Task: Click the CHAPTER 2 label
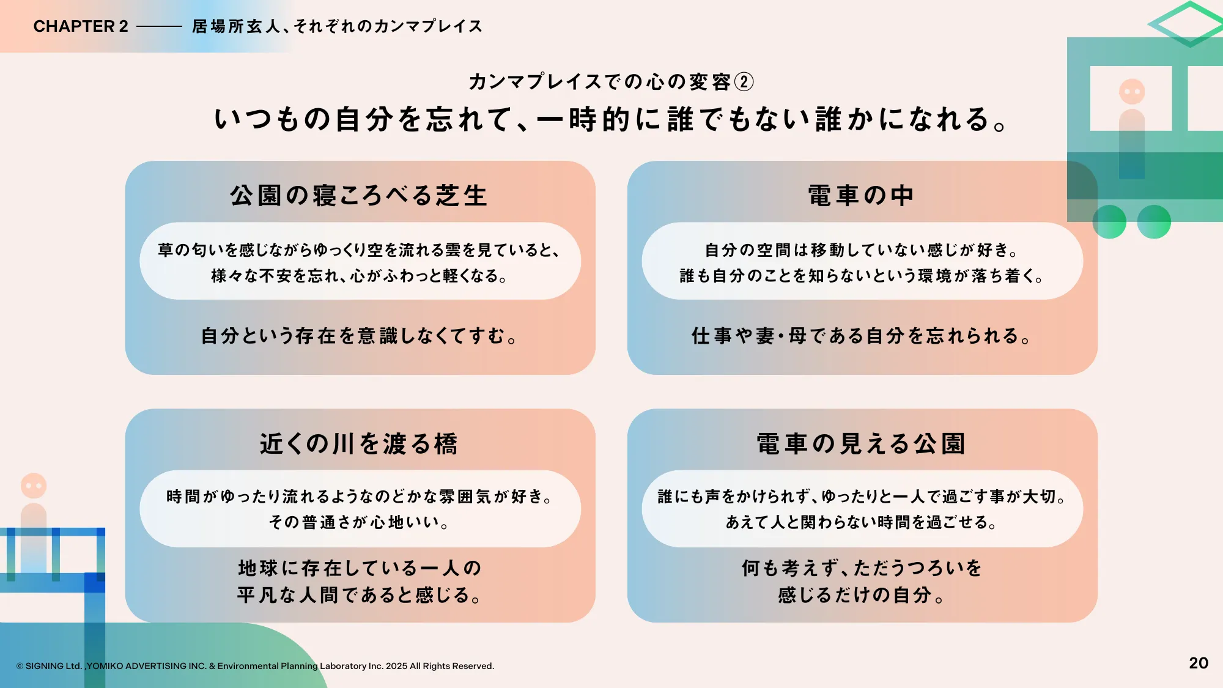click(81, 26)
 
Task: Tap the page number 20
click(1199, 663)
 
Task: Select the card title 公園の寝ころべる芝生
click(359, 196)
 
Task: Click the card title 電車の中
click(861, 196)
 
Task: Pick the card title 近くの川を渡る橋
click(359, 444)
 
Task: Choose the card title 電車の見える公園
click(861, 444)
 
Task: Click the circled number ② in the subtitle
click(744, 82)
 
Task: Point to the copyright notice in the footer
click(255, 666)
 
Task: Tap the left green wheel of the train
click(1109, 221)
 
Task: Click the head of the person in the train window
click(1132, 92)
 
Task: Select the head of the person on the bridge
click(34, 486)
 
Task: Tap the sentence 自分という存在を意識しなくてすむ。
click(359, 336)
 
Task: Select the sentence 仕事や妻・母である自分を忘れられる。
click(861, 336)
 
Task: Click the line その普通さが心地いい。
click(359, 522)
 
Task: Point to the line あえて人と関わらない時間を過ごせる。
click(861, 522)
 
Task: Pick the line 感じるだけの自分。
click(861, 595)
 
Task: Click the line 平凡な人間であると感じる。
click(359, 595)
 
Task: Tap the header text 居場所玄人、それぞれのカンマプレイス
click(337, 26)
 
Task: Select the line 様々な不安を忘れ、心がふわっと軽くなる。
click(359, 276)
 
